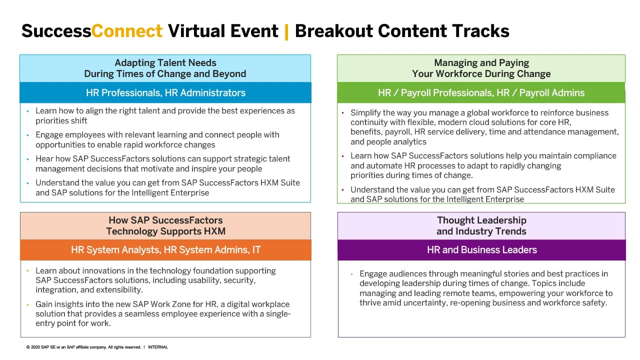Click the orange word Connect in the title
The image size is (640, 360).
click(x=127, y=31)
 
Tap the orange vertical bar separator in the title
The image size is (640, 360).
click(x=286, y=32)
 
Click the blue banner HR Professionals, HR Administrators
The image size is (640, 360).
click(x=165, y=92)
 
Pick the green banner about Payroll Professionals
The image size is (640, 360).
click(x=481, y=92)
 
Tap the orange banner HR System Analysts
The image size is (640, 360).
click(x=165, y=249)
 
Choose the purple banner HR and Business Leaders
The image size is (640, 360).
click(x=481, y=249)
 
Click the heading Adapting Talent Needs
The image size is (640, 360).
click(x=165, y=62)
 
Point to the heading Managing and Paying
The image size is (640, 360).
click(x=481, y=62)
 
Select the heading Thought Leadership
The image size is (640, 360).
click(x=481, y=220)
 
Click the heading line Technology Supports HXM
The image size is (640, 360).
click(x=165, y=231)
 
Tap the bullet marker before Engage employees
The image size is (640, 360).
click(x=27, y=135)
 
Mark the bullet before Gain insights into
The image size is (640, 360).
click(x=27, y=304)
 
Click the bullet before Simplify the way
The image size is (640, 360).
click(x=343, y=113)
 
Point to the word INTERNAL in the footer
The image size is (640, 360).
click(x=157, y=347)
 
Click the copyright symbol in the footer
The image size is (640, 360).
click(x=28, y=347)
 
